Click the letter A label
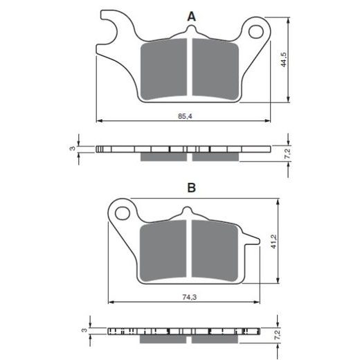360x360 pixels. tap(191, 15)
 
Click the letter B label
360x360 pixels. tap(191, 188)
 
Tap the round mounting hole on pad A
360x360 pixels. tap(259, 31)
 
